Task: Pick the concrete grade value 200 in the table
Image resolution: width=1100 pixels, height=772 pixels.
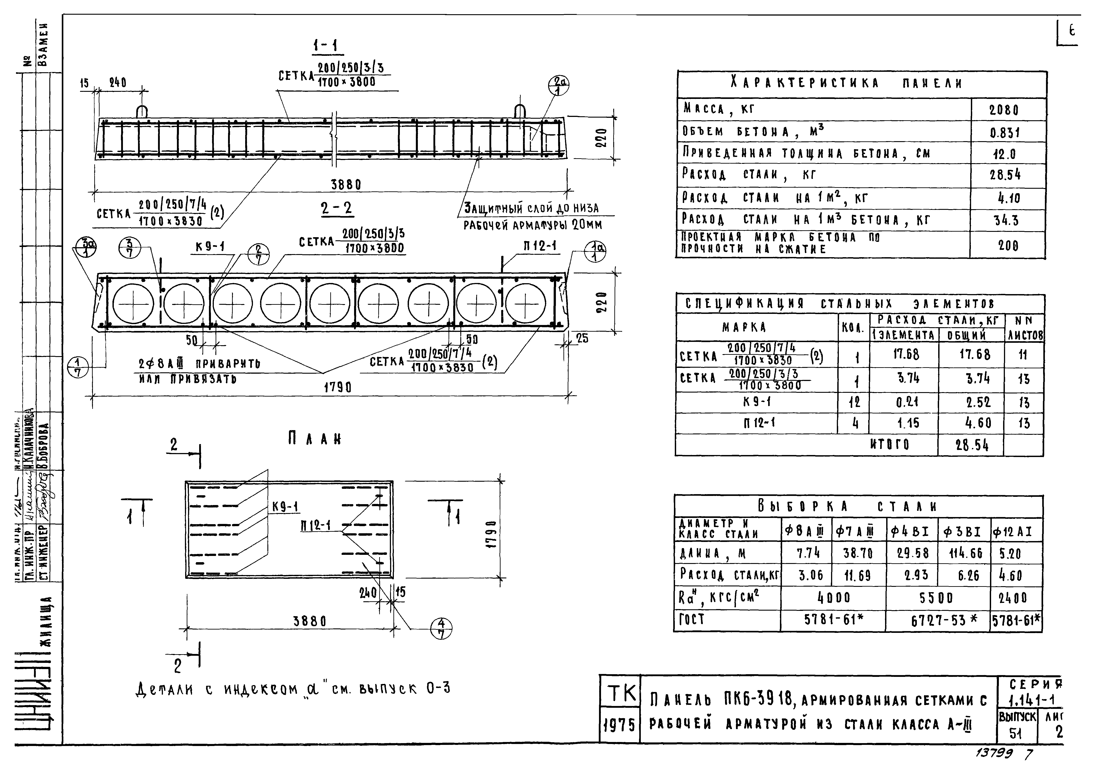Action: (1008, 246)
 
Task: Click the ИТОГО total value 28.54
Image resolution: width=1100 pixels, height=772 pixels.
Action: (972, 446)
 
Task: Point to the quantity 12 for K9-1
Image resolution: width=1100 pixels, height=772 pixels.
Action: (855, 402)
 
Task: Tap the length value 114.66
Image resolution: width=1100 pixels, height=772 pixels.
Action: (965, 553)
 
